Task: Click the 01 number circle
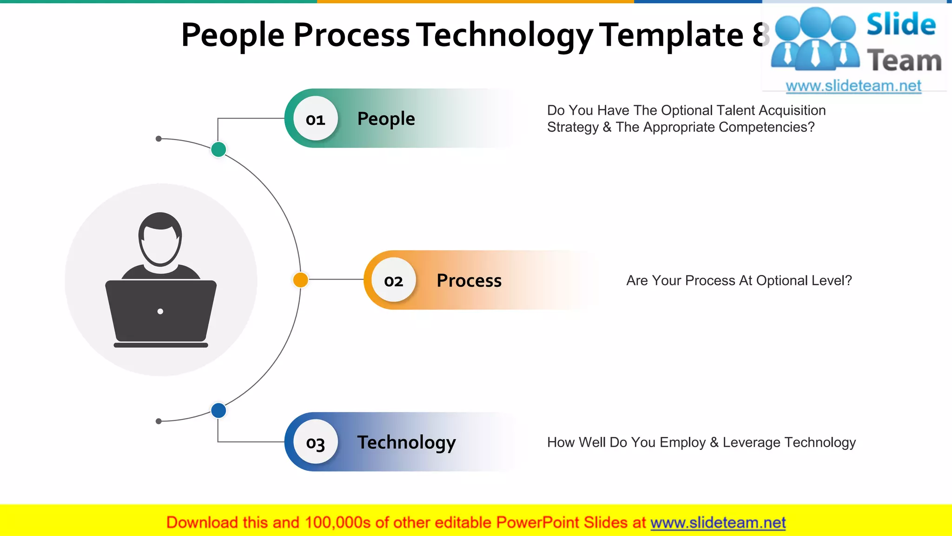(x=316, y=119)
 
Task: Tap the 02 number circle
(x=394, y=280)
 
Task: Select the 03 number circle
(x=316, y=442)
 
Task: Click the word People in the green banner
(x=386, y=119)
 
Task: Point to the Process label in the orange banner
(x=469, y=281)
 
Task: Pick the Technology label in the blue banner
(x=406, y=442)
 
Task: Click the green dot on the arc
(x=218, y=149)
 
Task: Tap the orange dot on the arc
(x=301, y=280)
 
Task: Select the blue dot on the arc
(x=218, y=410)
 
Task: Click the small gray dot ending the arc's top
(x=159, y=139)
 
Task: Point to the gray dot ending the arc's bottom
(x=159, y=421)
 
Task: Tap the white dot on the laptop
(x=160, y=311)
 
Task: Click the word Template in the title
(x=671, y=35)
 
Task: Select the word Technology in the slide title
(x=504, y=35)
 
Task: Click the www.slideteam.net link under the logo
(x=853, y=86)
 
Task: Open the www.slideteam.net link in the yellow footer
(x=718, y=523)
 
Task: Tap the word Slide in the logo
(x=901, y=24)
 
